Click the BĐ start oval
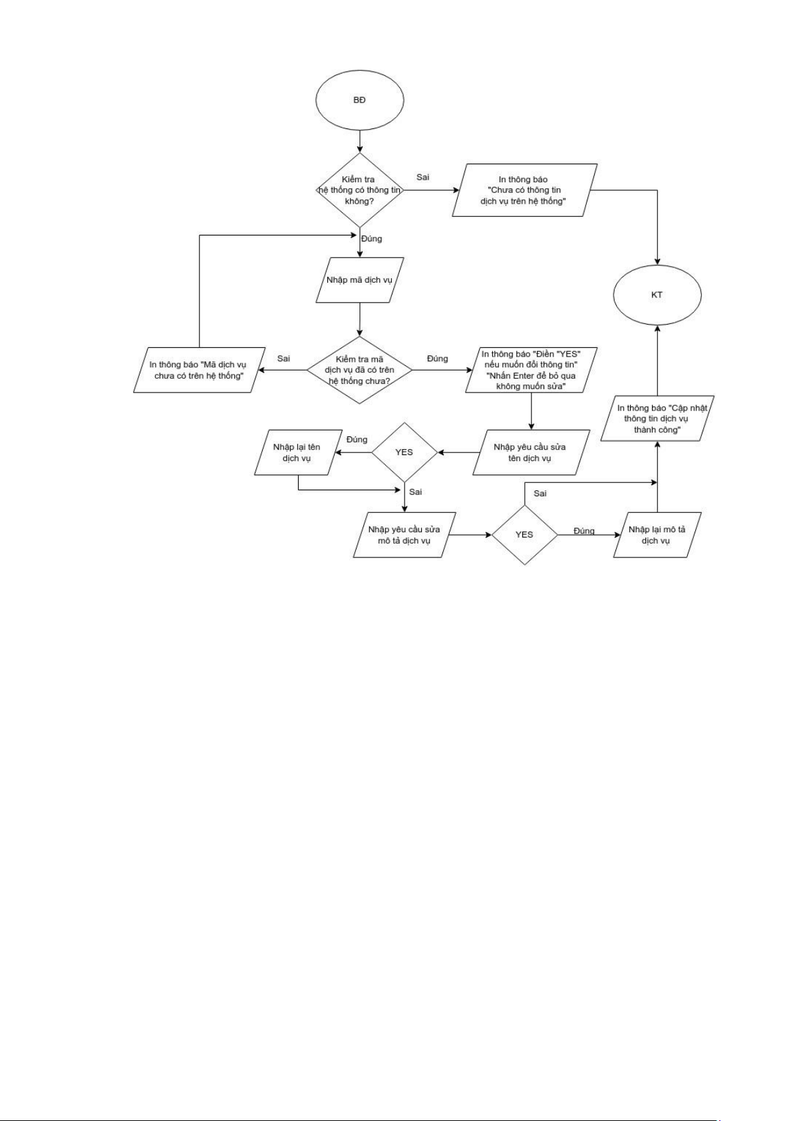359,100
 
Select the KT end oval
657,295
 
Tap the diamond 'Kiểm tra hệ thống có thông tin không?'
359,190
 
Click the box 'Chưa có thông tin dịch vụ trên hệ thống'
524,190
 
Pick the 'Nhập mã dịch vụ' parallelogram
359,280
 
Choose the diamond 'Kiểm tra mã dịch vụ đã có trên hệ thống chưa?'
359,370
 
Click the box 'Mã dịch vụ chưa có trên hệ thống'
198,370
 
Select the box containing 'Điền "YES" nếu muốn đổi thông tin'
530,370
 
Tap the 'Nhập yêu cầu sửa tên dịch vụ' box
530,452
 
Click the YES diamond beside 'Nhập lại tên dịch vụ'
404,452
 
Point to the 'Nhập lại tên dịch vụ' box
296,452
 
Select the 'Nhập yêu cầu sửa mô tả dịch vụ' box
404,535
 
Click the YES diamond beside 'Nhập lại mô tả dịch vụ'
524,535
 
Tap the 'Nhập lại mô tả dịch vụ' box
657,535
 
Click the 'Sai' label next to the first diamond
422,177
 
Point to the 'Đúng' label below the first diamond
371,238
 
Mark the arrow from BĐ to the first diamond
359,140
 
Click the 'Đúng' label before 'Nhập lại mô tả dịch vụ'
584,531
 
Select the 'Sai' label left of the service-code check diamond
283,359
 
